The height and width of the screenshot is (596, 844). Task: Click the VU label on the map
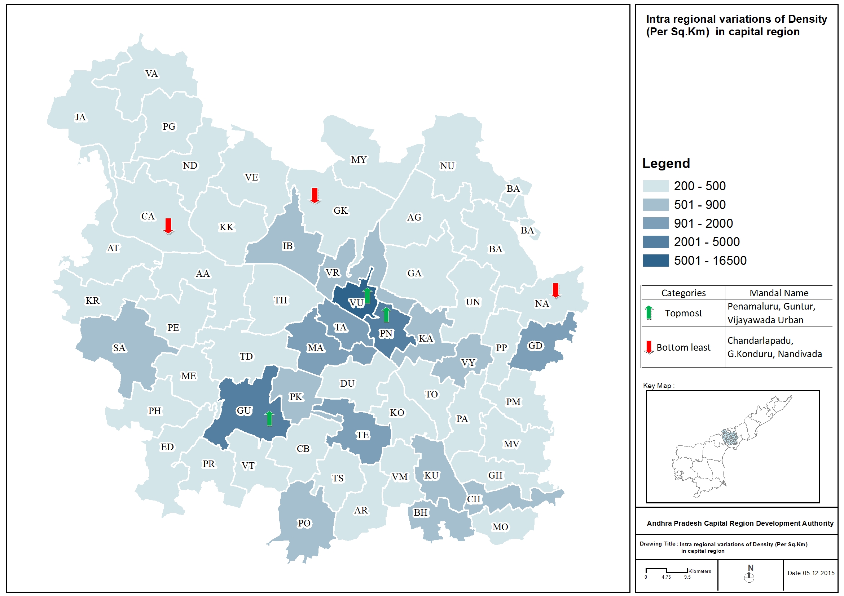coord(356,303)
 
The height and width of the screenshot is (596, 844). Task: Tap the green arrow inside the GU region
coord(269,418)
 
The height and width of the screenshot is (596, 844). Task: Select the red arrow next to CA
coord(168,226)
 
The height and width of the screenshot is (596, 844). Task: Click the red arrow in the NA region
coord(555,290)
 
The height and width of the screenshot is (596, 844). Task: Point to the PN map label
coord(386,333)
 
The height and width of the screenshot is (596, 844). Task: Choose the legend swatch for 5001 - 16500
coord(655,261)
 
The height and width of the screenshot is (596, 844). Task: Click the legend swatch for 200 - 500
coord(655,186)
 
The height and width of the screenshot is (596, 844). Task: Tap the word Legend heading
coord(666,163)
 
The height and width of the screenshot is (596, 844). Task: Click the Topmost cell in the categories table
coord(683,313)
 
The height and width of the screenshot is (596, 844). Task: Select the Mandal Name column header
coord(779,293)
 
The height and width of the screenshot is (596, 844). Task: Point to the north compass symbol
coord(749,577)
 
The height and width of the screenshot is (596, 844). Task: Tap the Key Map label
coord(658,386)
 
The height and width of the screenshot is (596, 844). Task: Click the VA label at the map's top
coord(151,74)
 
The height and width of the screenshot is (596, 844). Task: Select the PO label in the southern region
coord(304,523)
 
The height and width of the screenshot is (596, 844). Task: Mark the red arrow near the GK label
coord(314,196)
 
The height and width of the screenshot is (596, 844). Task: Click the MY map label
coord(359,160)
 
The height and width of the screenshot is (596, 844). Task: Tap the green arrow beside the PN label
coord(386,315)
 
